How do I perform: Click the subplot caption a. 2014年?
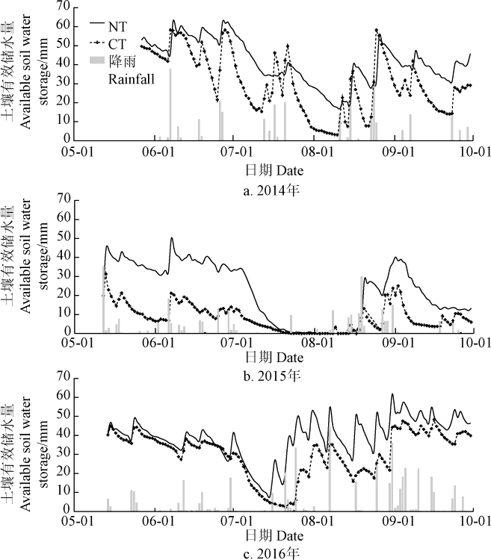tap(271, 190)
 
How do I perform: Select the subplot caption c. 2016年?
tap(271, 553)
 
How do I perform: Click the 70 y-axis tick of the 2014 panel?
tap(64, 7)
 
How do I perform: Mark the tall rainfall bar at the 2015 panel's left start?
tap(104, 299)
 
